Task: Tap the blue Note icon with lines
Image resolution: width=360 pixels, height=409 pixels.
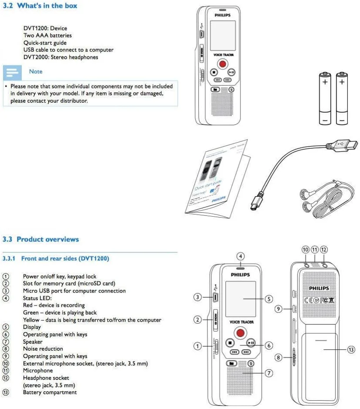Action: click(13, 72)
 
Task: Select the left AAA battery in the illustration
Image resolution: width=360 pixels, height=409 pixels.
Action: click(325, 99)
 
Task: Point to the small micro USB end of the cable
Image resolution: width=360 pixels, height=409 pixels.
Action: click(255, 204)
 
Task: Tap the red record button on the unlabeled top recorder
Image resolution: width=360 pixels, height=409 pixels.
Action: click(223, 64)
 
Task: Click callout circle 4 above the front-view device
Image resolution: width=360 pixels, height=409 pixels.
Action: click(240, 256)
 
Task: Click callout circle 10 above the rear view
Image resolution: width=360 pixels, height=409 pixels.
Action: click(306, 250)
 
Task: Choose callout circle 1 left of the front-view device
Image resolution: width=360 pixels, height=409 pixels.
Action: click(197, 346)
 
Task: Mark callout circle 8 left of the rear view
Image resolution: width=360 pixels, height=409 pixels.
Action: click(279, 358)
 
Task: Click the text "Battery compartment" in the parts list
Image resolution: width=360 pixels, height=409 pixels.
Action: click(50, 392)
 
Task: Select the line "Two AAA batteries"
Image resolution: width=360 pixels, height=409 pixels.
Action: click(47, 35)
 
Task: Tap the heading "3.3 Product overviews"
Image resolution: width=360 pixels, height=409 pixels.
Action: click(40, 239)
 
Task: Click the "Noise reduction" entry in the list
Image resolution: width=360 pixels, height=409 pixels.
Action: click(43, 349)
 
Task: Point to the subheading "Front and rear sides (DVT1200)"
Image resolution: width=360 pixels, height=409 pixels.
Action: click(65, 258)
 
